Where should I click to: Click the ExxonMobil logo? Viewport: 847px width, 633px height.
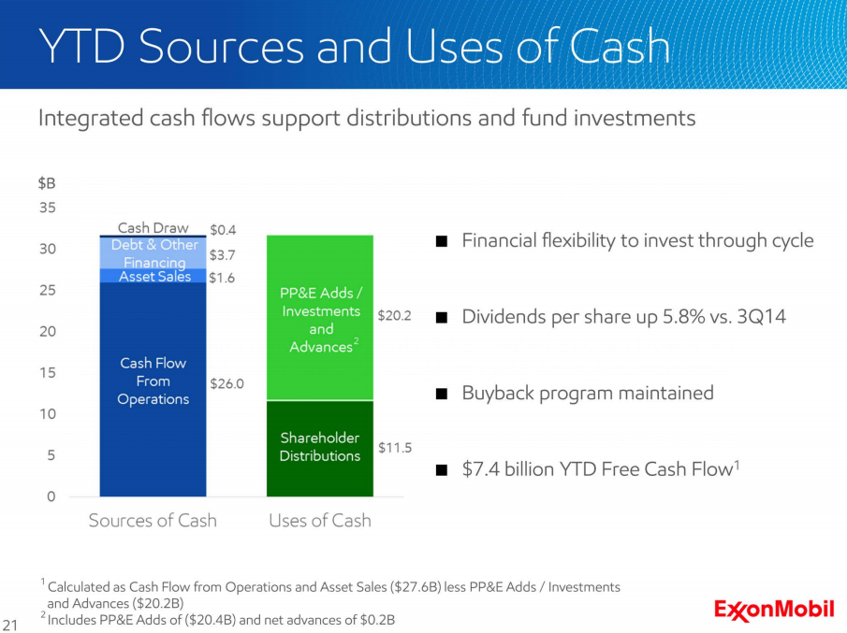(774, 610)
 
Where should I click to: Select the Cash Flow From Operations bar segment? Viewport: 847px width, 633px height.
(153, 389)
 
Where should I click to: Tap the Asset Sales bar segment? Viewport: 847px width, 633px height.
(153, 275)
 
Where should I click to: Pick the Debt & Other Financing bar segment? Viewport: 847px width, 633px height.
(153, 253)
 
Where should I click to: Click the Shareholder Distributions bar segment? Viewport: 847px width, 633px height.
(320, 449)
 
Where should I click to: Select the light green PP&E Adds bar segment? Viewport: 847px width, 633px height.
(320, 318)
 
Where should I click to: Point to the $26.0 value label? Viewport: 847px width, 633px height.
(226, 383)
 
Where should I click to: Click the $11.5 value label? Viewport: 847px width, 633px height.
(395, 447)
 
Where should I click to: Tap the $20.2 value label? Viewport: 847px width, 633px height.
(394, 315)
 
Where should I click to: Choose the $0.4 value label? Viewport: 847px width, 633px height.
(223, 230)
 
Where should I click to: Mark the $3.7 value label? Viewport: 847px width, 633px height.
(222, 254)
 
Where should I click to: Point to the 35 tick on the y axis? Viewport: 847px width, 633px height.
(48, 208)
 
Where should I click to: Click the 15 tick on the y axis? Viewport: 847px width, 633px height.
(48, 372)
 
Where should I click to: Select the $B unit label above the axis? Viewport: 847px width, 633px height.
(47, 183)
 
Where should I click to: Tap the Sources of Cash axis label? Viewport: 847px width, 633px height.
(153, 520)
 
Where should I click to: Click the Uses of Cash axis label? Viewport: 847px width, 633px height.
(320, 520)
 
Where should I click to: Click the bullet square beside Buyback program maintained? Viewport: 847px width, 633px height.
(442, 394)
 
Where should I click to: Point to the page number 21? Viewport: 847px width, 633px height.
(10, 625)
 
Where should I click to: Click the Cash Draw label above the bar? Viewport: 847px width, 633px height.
(153, 228)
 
